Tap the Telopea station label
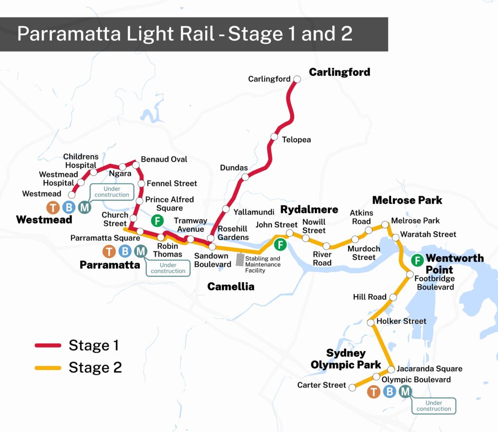click(296, 140)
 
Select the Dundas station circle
click(246, 177)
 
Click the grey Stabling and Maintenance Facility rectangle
click(239, 259)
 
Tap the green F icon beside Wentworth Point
click(417, 260)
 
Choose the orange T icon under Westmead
click(53, 207)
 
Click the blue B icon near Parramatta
click(125, 251)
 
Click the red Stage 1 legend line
click(48, 346)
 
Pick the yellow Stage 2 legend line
click(48, 368)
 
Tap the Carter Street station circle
click(351, 388)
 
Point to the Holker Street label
click(401, 321)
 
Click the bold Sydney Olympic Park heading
click(346, 359)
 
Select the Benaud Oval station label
click(164, 159)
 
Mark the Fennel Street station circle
click(141, 184)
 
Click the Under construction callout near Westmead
click(112, 191)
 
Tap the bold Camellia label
click(231, 287)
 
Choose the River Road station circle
click(326, 246)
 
